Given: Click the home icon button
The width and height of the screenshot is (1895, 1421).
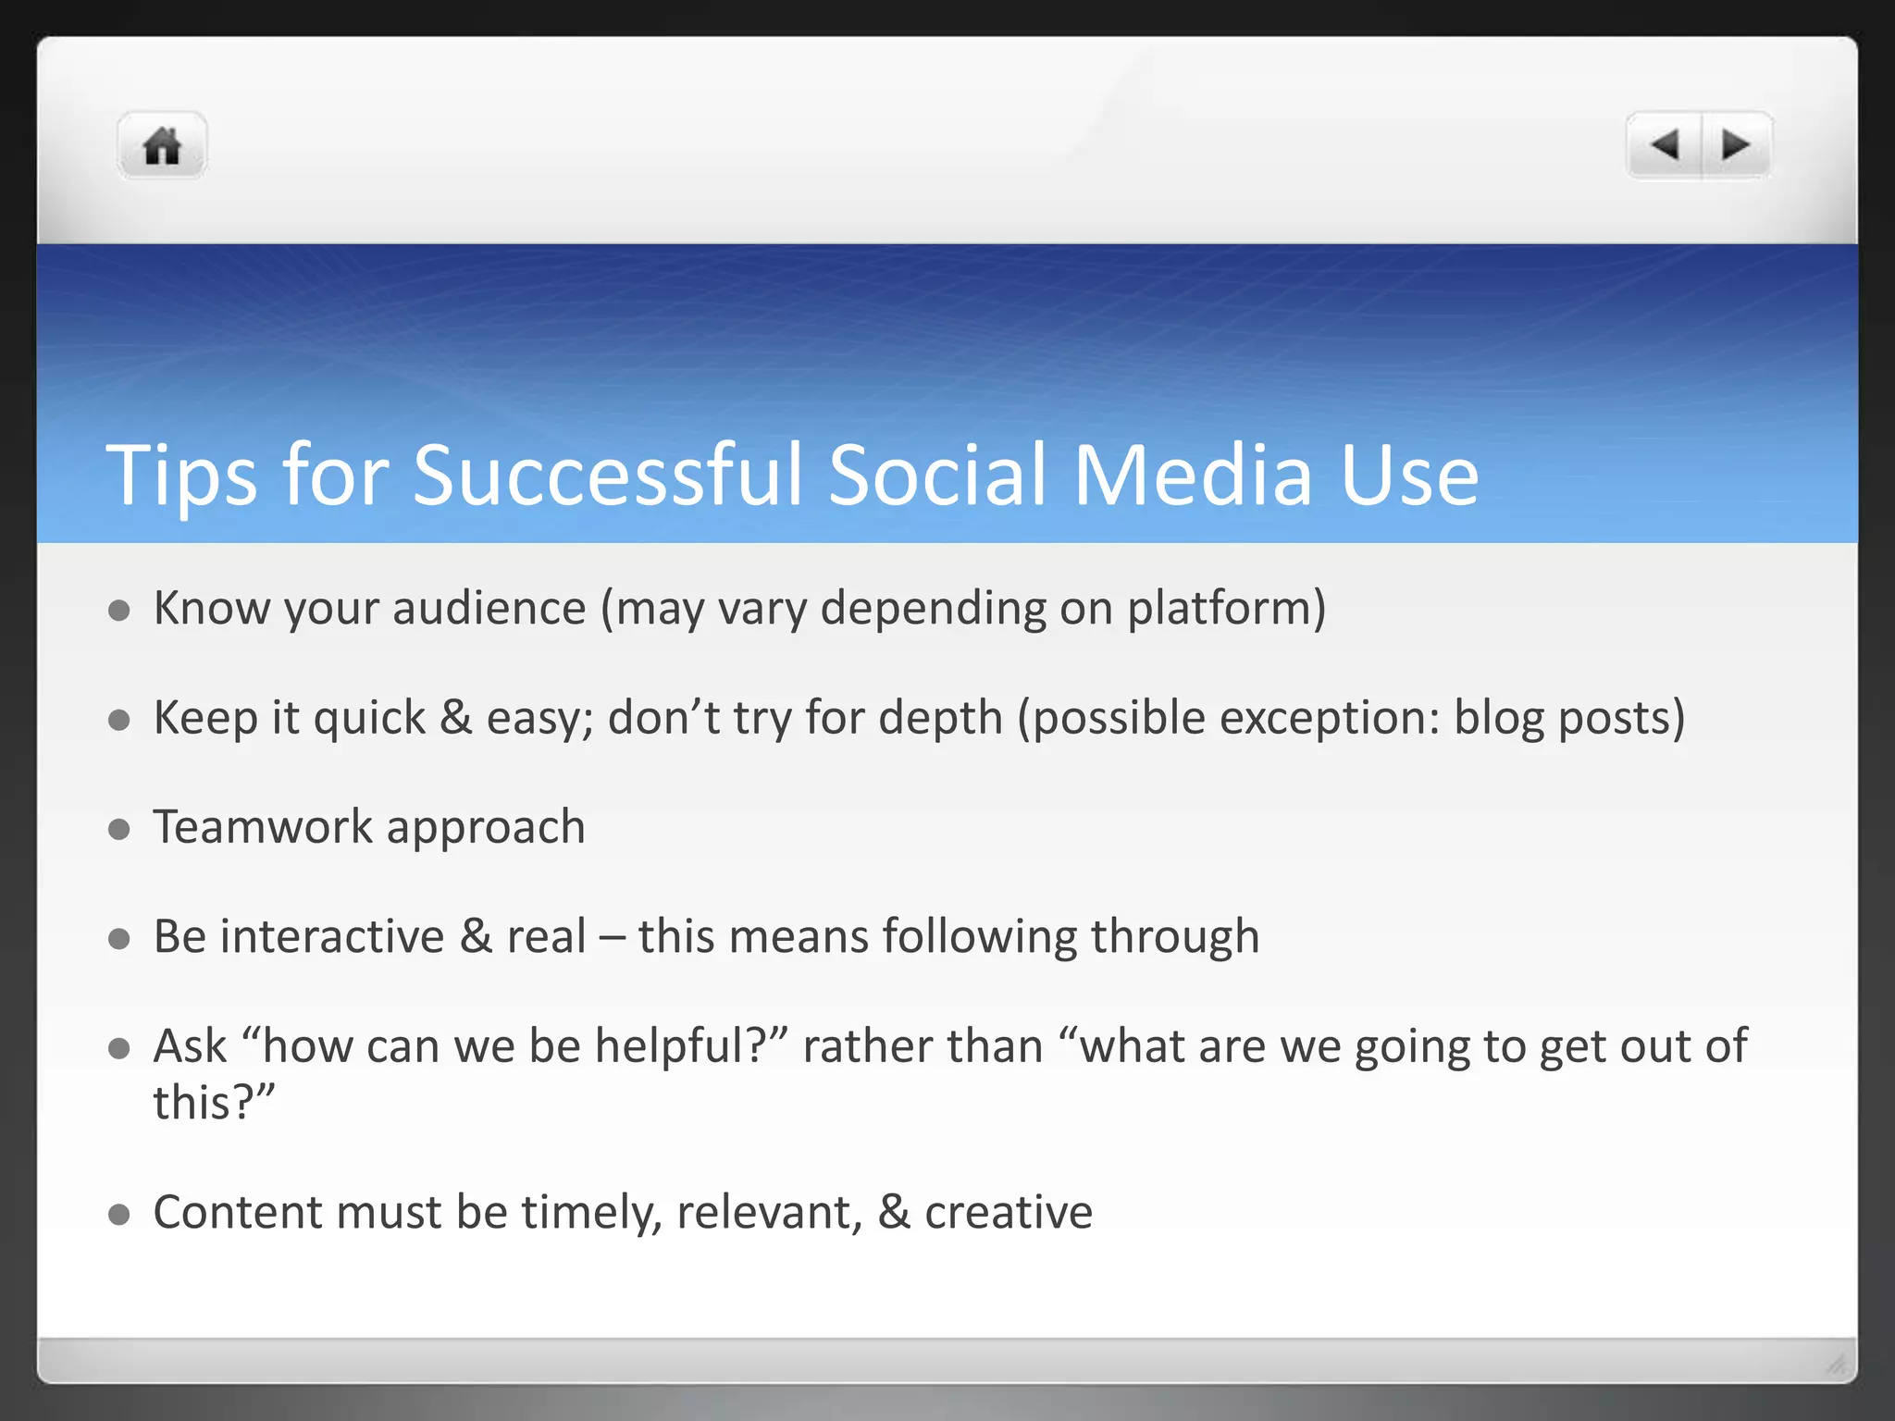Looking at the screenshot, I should click(162, 146).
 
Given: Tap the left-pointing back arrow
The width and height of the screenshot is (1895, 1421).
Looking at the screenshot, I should click(1665, 145).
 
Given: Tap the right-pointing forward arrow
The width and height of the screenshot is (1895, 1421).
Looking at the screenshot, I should click(1736, 145).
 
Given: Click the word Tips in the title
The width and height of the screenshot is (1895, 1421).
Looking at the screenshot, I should click(181, 476).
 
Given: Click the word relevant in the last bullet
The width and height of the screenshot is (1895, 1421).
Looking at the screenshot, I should click(768, 1213).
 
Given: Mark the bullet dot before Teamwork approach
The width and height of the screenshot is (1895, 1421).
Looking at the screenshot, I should click(118, 829).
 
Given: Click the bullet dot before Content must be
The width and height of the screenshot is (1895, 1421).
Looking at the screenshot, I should click(118, 1214).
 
